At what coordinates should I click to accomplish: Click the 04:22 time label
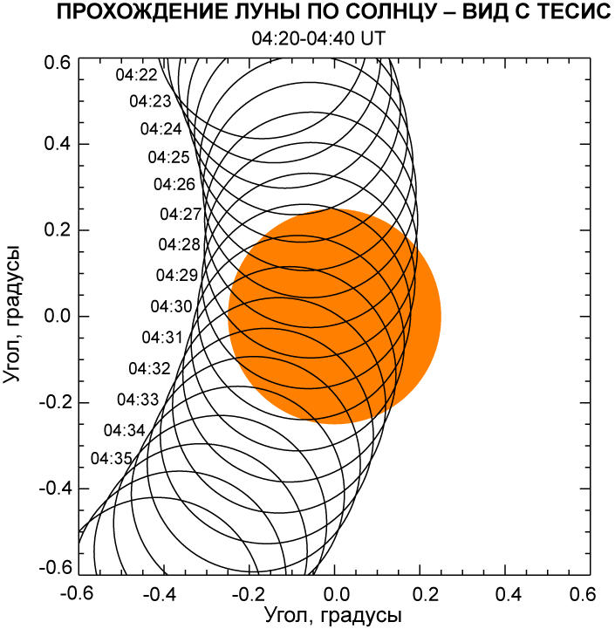coord(137,75)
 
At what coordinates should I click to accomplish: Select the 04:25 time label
coord(168,158)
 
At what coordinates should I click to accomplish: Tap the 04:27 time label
coord(181,214)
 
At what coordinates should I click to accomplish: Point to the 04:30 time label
coord(171,306)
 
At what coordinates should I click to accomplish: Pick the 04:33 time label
coord(138,400)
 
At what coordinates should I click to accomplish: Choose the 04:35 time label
coord(111,458)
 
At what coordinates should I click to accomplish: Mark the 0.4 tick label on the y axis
coord(57,144)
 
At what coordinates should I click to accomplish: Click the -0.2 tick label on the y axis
coord(53,402)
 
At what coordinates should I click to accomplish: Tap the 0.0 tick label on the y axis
coord(57,316)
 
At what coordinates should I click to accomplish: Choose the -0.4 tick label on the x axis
coord(159,593)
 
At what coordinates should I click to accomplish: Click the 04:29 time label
coord(177,276)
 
